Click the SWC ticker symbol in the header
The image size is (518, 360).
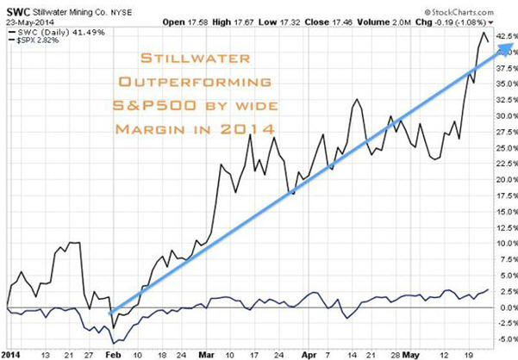coord(15,8)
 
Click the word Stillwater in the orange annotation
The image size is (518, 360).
coord(196,60)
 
